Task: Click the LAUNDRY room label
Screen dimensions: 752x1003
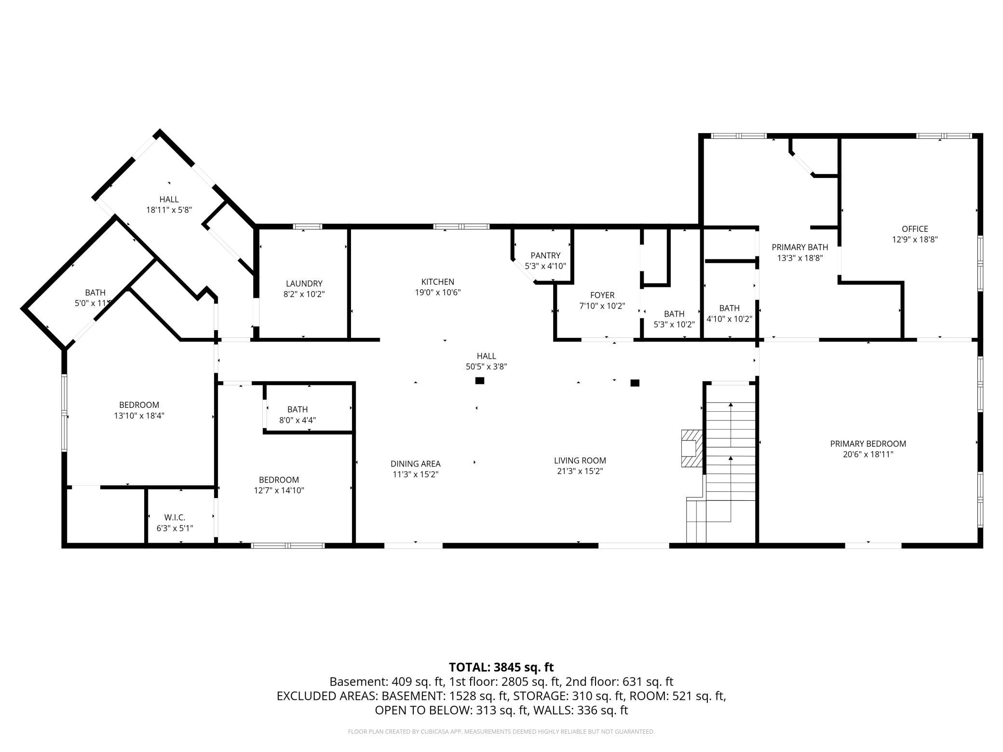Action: click(x=304, y=283)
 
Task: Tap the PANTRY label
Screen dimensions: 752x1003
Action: click(x=545, y=255)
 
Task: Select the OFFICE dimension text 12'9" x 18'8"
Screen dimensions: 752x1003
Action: click(x=914, y=239)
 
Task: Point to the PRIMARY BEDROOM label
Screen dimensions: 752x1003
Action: click(x=868, y=443)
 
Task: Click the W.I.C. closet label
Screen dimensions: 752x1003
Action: click(x=175, y=517)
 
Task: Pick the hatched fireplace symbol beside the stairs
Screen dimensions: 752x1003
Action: click(x=691, y=448)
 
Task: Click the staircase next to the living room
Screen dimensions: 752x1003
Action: click(x=730, y=463)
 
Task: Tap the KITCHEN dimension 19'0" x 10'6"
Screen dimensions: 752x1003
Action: click(x=438, y=292)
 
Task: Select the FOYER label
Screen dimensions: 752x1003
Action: click(x=602, y=295)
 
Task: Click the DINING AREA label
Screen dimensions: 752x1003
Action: click(x=415, y=464)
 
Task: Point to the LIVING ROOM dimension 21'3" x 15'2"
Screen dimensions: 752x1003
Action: click(x=580, y=471)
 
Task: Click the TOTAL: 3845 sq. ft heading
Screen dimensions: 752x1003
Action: click(x=501, y=667)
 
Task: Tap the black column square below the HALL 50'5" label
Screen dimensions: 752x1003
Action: click(x=479, y=381)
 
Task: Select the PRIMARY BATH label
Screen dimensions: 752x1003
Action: click(x=800, y=247)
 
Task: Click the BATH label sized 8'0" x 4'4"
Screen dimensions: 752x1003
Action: click(x=298, y=409)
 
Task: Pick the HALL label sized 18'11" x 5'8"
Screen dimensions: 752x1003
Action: click(x=169, y=199)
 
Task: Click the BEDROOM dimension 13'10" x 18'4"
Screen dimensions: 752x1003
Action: click(x=139, y=416)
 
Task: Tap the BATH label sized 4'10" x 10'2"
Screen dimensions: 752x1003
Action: click(x=729, y=308)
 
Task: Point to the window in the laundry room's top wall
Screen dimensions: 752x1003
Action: click(x=308, y=227)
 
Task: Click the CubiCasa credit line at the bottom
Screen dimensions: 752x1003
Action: click(x=501, y=732)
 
